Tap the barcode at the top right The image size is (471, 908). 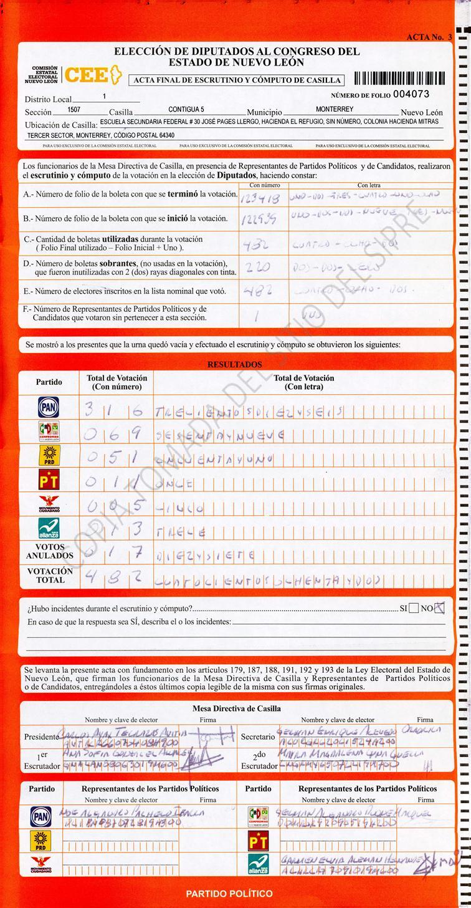[399, 79]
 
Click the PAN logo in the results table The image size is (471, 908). [49, 407]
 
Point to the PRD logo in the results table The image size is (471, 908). [49, 456]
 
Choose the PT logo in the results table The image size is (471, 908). [49, 480]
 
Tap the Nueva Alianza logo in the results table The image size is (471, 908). [49, 528]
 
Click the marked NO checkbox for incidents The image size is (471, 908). [439, 608]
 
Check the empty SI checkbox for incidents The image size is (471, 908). [413, 609]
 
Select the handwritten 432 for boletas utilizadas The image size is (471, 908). [256, 244]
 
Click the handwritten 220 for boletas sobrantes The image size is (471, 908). [257, 268]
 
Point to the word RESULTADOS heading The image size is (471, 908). [235, 365]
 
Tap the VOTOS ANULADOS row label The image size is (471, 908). [50, 551]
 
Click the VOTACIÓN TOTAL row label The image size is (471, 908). [50, 575]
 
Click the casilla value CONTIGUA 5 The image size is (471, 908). [186, 110]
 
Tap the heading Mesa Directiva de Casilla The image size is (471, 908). [236, 708]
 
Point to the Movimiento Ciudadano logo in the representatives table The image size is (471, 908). [41, 864]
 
